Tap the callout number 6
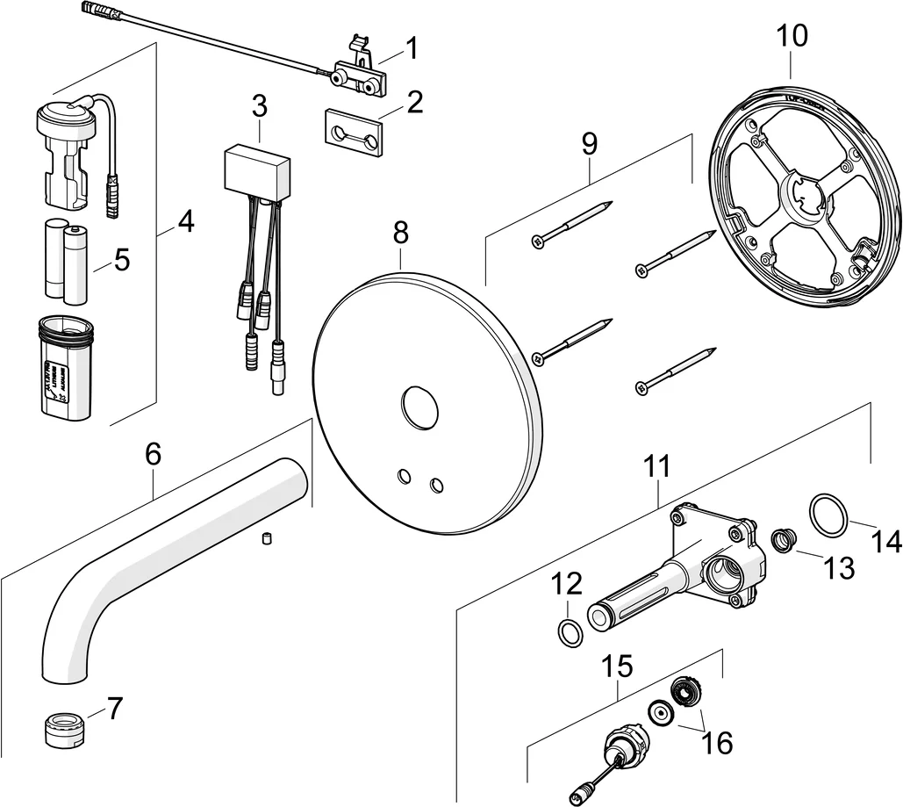153,454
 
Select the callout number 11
656,466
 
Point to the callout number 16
717,743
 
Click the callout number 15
619,666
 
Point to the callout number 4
184,222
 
